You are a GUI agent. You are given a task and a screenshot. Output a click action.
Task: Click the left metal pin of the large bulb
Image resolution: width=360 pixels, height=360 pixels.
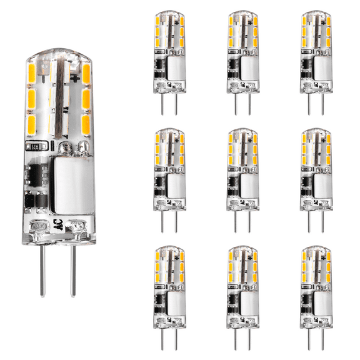pyautogui.click(x=44, y=269)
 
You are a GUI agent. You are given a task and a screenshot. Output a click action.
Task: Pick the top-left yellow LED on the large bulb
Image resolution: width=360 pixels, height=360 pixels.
pyautogui.click(x=33, y=74)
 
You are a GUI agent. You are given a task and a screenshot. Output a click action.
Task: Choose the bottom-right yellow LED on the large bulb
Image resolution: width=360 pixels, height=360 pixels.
pyautogui.click(x=86, y=119)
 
